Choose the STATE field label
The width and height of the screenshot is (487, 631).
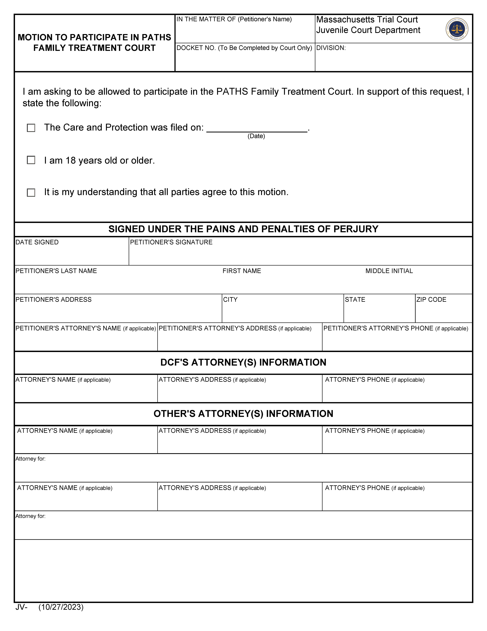[x=355, y=300]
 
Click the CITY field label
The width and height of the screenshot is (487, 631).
[x=230, y=300]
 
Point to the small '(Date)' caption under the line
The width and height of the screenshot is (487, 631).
[x=256, y=136]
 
